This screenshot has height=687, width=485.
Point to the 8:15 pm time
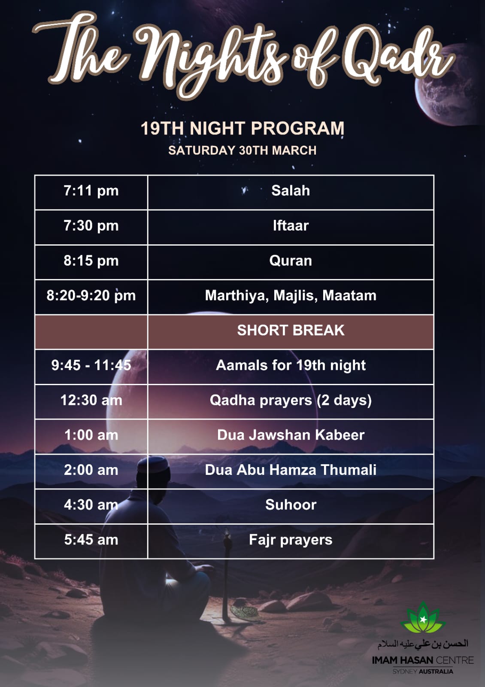[91, 261]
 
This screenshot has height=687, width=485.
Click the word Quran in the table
[291, 261]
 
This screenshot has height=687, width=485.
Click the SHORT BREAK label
[291, 330]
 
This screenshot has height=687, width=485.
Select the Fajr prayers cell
[291, 540]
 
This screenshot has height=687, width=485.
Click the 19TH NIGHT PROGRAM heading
[242, 128]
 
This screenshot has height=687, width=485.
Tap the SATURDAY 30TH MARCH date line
[242, 150]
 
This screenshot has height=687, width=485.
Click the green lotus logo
[423, 617]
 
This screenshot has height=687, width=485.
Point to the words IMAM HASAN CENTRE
[423, 660]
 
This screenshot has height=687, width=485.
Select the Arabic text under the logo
[423, 644]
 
